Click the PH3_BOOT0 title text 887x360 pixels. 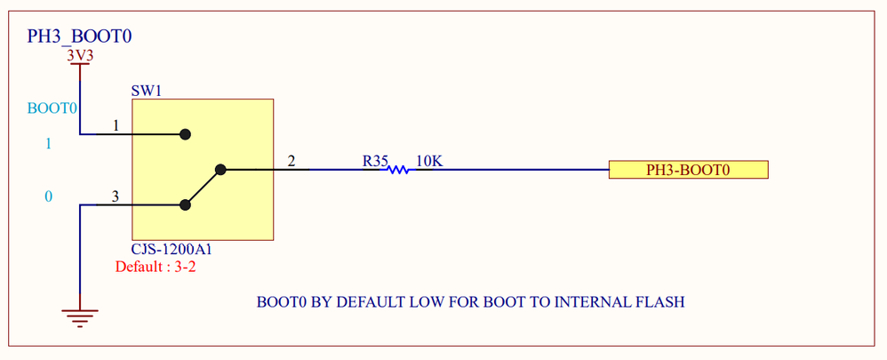point(80,36)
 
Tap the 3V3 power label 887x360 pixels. point(80,55)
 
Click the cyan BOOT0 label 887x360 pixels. point(53,108)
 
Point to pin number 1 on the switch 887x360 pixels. point(116,126)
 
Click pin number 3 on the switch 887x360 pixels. point(116,196)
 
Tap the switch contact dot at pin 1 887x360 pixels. point(185,134)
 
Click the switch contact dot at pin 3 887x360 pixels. point(185,205)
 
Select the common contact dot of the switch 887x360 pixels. point(220,169)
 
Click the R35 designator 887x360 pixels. point(374,161)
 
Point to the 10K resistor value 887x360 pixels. point(429,161)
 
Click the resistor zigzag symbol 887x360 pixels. point(397,169)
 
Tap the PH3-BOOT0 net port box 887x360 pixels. point(688,170)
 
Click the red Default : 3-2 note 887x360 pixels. point(156,267)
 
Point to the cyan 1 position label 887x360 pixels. point(48,143)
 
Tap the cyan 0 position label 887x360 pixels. point(48,196)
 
